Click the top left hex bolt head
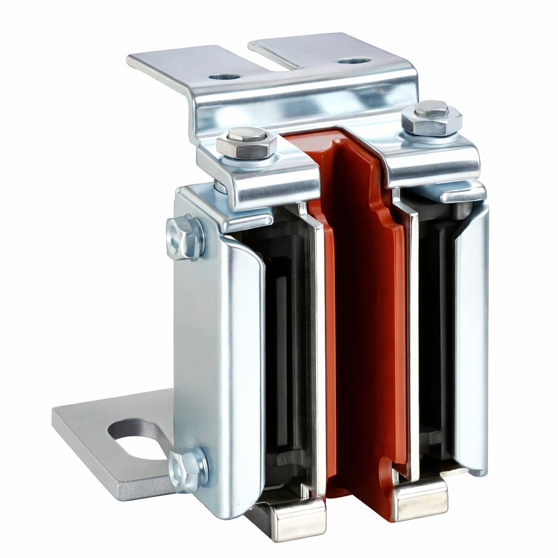[246, 141]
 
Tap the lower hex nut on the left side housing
[187, 470]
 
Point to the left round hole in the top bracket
[225, 77]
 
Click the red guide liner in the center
[365, 327]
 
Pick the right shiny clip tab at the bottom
[420, 498]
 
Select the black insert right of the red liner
[436, 338]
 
